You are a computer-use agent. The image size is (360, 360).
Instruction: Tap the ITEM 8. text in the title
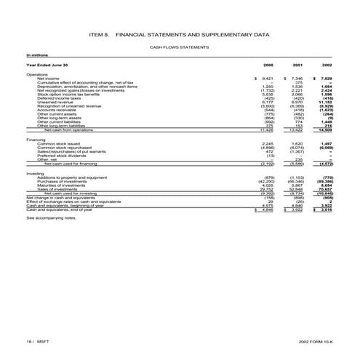(x=97, y=35)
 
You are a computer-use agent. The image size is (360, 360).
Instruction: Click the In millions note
(x=36, y=55)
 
